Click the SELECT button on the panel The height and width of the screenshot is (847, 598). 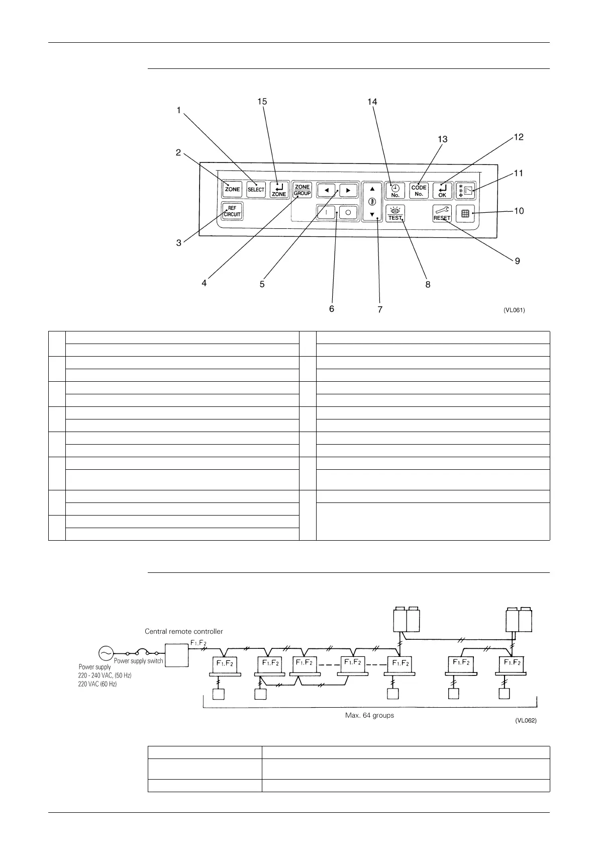(256, 190)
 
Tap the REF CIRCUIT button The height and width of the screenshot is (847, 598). (232, 211)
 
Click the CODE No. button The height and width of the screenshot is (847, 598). (419, 191)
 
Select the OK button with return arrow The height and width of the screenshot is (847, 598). (442, 191)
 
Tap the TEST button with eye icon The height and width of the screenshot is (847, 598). (395, 214)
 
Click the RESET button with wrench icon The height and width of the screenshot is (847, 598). (442, 214)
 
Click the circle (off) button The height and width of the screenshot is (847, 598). (348, 212)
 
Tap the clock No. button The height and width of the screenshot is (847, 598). (395, 191)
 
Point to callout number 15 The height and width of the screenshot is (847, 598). (262, 102)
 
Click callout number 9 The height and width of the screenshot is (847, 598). (517, 261)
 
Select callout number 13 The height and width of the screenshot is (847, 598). (442, 139)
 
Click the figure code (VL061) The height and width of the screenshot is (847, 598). (514, 310)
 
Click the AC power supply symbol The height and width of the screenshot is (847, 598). (106, 653)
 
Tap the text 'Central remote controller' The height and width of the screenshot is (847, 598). (183, 631)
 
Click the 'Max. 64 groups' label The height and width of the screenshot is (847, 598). (369, 715)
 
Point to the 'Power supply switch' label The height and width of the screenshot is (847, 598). (138, 661)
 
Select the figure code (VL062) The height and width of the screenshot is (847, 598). (526, 721)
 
